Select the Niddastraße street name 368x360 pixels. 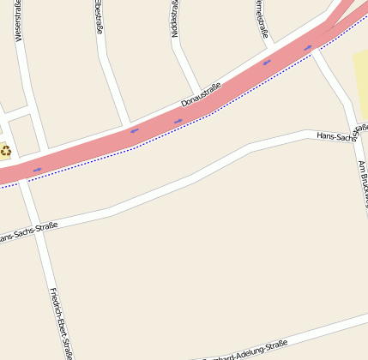point(174,18)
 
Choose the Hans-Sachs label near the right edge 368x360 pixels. point(341,132)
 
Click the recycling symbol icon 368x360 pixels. point(6,151)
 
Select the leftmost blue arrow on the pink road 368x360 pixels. point(37,169)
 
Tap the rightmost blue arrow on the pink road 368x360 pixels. point(308,47)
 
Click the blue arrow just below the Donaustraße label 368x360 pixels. point(178,121)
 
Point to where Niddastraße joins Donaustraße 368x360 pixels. point(201,90)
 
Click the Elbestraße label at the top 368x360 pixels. point(98,17)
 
